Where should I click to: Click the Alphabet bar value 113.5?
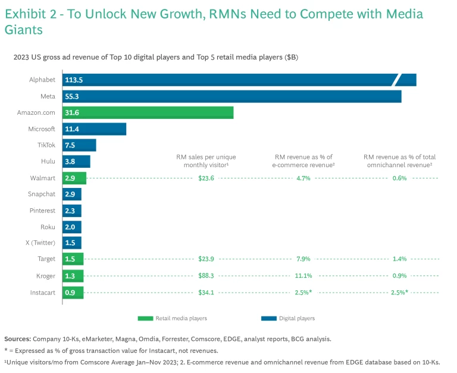[x=74, y=80]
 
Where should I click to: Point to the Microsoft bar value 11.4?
[x=73, y=129]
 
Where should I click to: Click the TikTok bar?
[x=79, y=145]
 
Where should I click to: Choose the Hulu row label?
[x=49, y=161]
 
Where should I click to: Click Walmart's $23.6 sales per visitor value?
[x=206, y=178]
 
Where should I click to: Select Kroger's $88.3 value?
[x=206, y=275]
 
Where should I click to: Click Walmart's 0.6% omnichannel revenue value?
[x=399, y=178]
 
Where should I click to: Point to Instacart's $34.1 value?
[x=206, y=291]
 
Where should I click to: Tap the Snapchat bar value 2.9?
[x=70, y=194]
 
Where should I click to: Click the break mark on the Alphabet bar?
[x=399, y=80]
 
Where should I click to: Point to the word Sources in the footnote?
[x=17, y=338]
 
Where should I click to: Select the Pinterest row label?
[x=42, y=211]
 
